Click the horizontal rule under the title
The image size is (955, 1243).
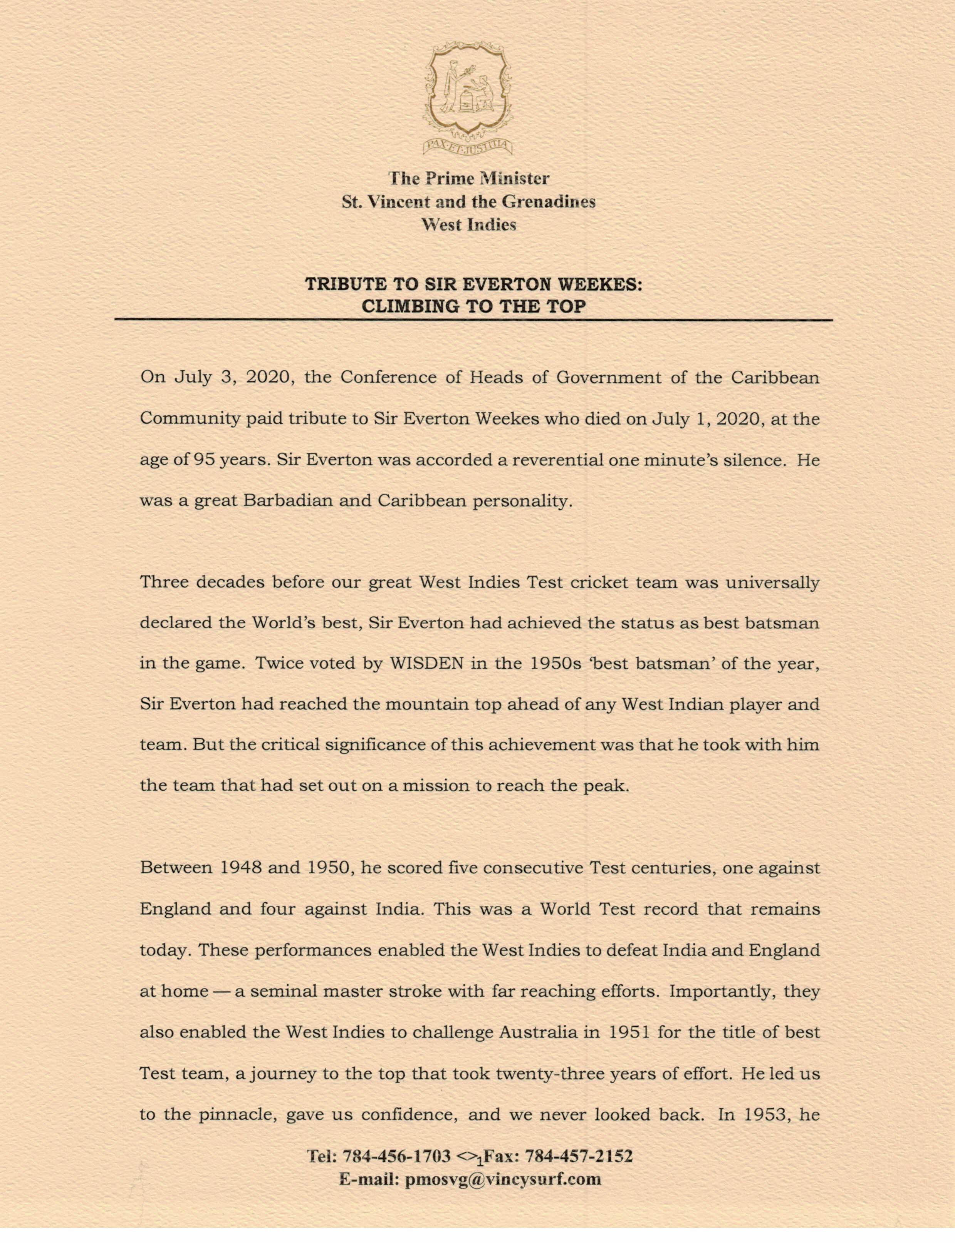click(x=473, y=320)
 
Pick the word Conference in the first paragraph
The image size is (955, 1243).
click(x=388, y=378)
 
